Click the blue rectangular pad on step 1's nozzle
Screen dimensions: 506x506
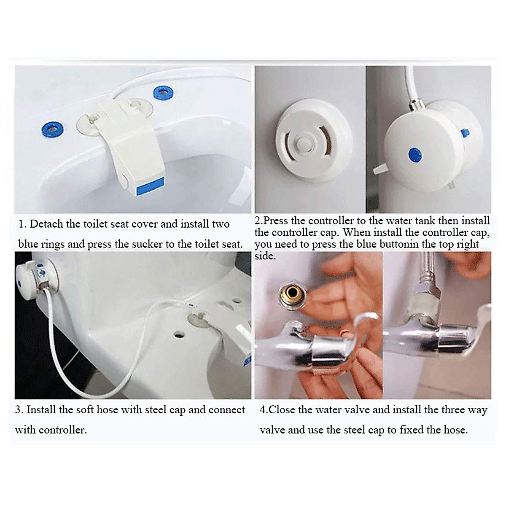click(x=150, y=186)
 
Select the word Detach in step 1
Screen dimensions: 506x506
click(x=47, y=224)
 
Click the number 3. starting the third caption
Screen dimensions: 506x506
click(x=19, y=409)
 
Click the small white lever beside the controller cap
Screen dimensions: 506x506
click(x=380, y=168)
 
